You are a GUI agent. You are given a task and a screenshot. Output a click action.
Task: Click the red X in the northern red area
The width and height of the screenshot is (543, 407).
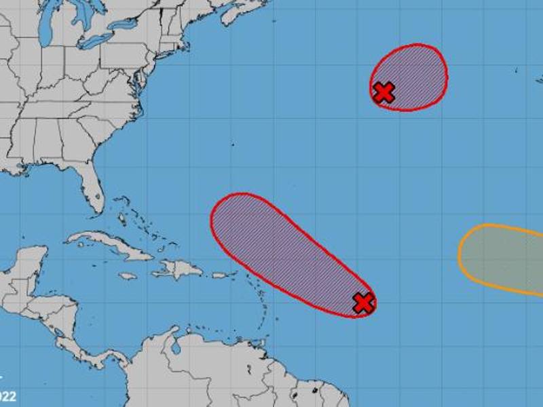tap(384, 92)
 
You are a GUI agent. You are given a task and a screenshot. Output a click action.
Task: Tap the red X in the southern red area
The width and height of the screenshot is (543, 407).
tap(364, 303)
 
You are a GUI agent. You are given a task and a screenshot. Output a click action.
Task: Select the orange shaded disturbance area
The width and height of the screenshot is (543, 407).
tap(502, 258)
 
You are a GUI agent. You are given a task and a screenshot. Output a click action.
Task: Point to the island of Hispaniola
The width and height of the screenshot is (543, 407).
tap(179, 270)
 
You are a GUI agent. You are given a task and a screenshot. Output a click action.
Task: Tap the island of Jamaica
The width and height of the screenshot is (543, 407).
tap(128, 276)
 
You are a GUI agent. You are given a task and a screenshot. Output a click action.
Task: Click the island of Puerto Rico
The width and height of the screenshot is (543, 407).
tap(221, 275)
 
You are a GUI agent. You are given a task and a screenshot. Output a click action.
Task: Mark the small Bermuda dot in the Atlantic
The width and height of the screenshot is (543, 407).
tap(232, 144)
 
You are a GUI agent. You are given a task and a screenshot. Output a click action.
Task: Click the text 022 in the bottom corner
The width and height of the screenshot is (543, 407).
tap(8, 396)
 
